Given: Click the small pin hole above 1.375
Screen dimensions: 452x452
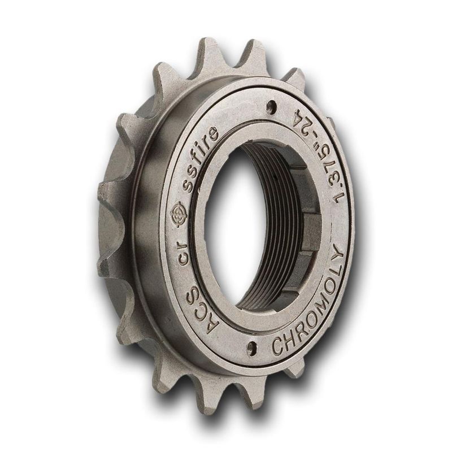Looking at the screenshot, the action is (x=272, y=106).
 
